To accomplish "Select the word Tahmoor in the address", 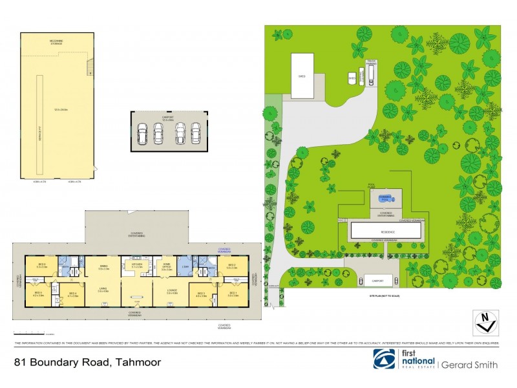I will [x=138, y=363].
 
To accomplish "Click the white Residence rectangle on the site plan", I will [x=382, y=231].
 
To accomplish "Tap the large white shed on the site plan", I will [x=302, y=76].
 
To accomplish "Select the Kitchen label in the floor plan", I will [x=136, y=265].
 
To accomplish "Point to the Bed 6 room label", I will [x=41, y=265].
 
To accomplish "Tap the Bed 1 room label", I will [x=232, y=295].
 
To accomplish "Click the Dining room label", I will [x=103, y=266].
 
